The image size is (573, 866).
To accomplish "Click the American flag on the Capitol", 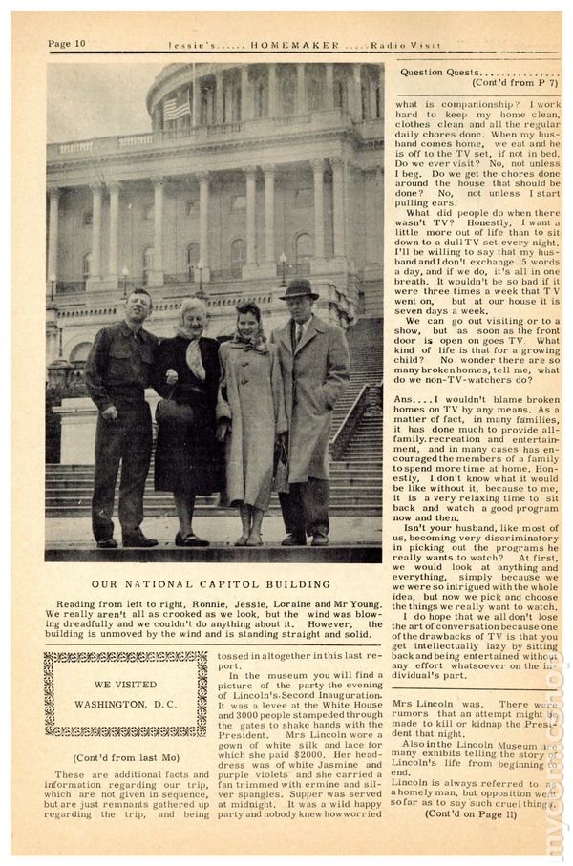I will pos(176,107).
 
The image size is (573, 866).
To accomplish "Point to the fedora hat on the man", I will pos(299,288).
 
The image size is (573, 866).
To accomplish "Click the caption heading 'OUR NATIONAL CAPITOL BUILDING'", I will pos(211,584).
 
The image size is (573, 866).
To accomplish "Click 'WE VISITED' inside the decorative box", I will pos(125,685).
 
